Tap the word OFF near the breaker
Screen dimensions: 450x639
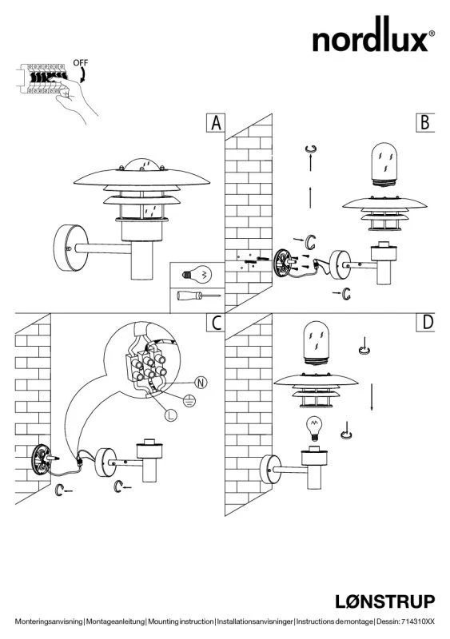click(x=81, y=63)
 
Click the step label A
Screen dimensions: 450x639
click(x=216, y=123)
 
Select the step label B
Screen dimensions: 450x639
click(x=425, y=123)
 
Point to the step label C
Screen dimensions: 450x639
click(x=217, y=323)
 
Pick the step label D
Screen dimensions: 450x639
click(x=425, y=323)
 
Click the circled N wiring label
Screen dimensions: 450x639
click(x=201, y=383)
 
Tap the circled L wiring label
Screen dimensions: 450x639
click(x=171, y=415)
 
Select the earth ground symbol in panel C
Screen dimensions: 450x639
click(x=189, y=401)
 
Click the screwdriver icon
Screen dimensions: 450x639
click(x=198, y=296)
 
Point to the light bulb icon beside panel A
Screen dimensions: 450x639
click(x=197, y=274)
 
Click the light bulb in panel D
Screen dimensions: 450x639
click(x=314, y=429)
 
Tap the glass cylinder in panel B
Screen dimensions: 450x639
click(x=384, y=165)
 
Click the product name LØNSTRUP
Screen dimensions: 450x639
click(x=385, y=601)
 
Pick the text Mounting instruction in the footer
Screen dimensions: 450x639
click(x=181, y=621)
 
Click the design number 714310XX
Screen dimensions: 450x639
click(x=418, y=621)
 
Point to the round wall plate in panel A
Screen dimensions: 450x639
click(x=70, y=248)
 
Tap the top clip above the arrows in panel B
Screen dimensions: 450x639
click(x=311, y=149)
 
